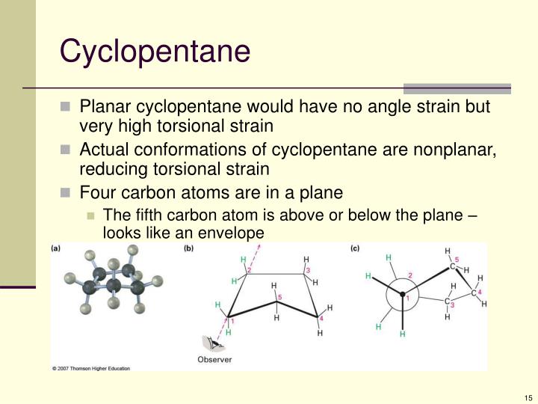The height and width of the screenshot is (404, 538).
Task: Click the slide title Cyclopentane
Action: [x=155, y=51]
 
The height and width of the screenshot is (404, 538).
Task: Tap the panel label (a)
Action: [x=57, y=249]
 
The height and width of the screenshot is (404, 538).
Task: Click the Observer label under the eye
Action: [x=214, y=359]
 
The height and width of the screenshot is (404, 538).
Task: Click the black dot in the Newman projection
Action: [x=403, y=293]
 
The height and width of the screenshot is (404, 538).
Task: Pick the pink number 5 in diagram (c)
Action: [x=457, y=260]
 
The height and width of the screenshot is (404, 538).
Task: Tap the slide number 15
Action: [x=528, y=397]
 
